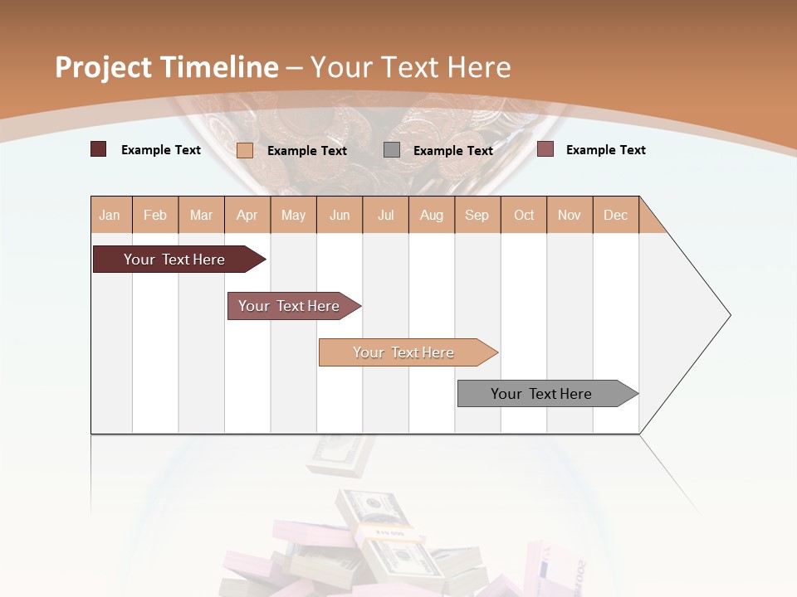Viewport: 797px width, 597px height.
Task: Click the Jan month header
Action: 110,215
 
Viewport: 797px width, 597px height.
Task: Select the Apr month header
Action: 247,215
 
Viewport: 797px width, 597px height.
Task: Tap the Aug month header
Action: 431,215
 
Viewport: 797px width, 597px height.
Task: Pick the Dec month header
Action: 615,215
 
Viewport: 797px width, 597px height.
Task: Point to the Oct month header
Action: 524,215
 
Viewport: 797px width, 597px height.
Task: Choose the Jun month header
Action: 340,215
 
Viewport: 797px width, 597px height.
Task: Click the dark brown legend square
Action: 98,149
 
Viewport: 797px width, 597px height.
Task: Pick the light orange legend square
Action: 245,150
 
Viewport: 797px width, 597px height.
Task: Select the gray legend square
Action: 392,150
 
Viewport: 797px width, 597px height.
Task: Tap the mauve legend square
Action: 545,149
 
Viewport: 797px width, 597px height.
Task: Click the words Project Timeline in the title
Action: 166,67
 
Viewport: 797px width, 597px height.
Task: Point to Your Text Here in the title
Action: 411,67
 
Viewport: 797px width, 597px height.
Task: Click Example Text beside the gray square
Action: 452,150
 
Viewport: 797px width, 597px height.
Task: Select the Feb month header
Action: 155,215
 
